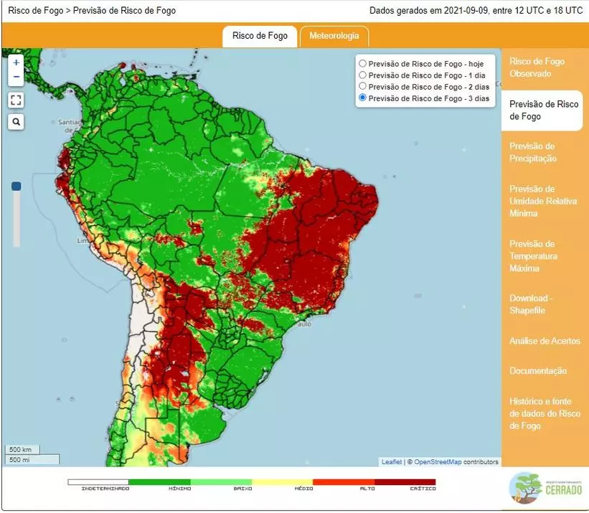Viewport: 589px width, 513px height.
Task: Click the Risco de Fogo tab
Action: click(x=260, y=37)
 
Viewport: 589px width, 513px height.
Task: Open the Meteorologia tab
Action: click(x=334, y=37)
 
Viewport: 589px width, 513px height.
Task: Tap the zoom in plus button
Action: click(x=17, y=63)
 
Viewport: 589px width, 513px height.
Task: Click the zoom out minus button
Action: click(x=17, y=77)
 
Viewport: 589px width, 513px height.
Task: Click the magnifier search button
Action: click(x=17, y=122)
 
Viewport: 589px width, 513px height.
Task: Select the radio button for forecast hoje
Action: click(x=363, y=64)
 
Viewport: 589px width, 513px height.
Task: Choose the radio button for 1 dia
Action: click(x=363, y=75)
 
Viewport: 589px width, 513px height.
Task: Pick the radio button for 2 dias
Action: click(x=363, y=87)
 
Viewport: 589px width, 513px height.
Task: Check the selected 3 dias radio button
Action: click(x=363, y=98)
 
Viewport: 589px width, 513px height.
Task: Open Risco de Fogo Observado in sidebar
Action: click(x=537, y=67)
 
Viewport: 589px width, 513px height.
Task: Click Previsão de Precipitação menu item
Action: click(x=532, y=152)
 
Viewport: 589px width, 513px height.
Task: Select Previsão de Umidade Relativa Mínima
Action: click(x=542, y=201)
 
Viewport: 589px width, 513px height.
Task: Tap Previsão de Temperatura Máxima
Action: click(x=533, y=256)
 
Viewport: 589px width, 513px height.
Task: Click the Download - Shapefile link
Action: click(x=531, y=304)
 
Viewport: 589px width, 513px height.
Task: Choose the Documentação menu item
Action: click(x=538, y=371)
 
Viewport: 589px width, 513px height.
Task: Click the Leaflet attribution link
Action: click(x=391, y=462)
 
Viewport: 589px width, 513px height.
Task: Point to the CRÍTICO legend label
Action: click(x=423, y=489)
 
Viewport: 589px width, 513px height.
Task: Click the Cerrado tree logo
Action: click(x=526, y=488)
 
